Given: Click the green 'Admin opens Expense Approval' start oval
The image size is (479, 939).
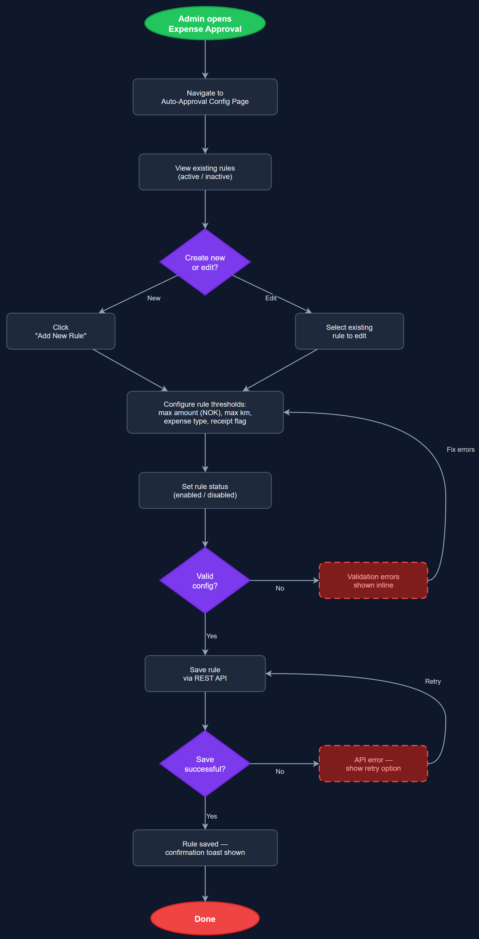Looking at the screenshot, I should click(205, 23).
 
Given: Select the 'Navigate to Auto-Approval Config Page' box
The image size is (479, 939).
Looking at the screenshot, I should click(205, 97).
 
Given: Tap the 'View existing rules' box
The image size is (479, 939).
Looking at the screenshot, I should click(205, 172).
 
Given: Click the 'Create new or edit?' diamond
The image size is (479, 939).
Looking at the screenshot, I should click(205, 262).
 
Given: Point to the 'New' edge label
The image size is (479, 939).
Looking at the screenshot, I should click(154, 298).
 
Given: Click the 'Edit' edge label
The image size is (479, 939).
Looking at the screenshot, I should click(271, 298).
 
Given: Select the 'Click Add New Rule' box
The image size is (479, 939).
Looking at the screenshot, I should click(60, 331).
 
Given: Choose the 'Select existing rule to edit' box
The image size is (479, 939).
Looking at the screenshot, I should click(349, 331).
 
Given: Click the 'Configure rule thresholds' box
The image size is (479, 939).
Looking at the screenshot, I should click(205, 412).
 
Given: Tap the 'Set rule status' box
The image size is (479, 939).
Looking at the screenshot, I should click(205, 490).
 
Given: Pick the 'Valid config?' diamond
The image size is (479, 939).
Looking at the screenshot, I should click(205, 581).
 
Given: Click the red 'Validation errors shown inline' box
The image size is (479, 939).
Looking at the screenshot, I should click(373, 581).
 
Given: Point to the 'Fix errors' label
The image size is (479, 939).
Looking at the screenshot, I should click(460, 449).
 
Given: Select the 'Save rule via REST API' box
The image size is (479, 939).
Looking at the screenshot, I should click(205, 674).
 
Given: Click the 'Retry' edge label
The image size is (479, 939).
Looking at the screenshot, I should click(433, 681).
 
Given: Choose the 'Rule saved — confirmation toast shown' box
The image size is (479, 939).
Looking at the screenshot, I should click(205, 848).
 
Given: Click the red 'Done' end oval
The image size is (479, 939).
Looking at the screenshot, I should click(205, 919).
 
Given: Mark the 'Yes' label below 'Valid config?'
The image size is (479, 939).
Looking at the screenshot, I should click(212, 636).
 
